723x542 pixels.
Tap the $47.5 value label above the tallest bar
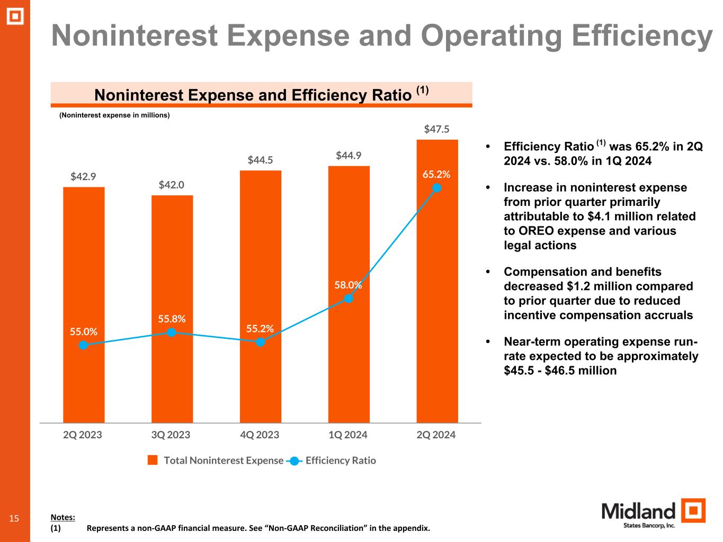pyautogui.click(x=437, y=129)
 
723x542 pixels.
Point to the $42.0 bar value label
pyautogui.click(x=172, y=185)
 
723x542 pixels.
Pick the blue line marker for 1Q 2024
pyautogui.click(x=349, y=298)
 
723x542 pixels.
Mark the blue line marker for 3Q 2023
pyautogui.click(x=172, y=332)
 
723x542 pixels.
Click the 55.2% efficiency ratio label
pyautogui.click(x=260, y=329)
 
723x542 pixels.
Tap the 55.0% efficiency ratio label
pyautogui.click(x=84, y=332)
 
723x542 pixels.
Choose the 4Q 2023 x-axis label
pyautogui.click(x=260, y=435)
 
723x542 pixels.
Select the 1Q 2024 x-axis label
pyautogui.click(x=348, y=435)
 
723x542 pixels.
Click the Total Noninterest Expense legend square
pyautogui.click(x=153, y=460)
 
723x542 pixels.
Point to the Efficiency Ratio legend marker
pyautogui.click(x=294, y=460)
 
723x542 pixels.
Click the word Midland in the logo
pyautogui.click(x=638, y=511)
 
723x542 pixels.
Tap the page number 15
pyautogui.click(x=14, y=518)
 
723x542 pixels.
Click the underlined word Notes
pyautogui.click(x=63, y=517)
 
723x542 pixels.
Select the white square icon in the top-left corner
pyautogui.click(x=15, y=17)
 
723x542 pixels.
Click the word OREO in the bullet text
pyautogui.click(x=521, y=231)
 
